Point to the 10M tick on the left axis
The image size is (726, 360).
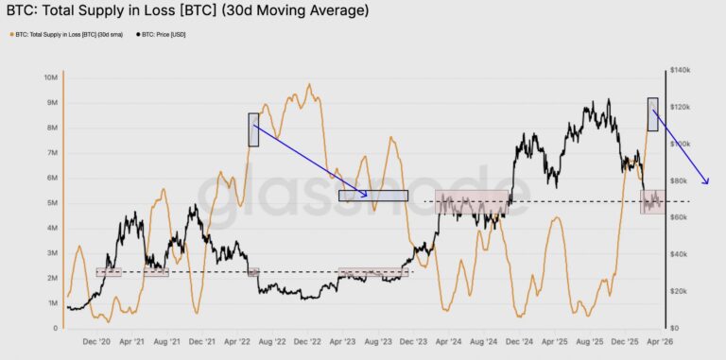pos(52,77)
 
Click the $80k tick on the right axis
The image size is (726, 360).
pos(682,180)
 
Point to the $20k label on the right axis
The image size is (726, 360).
pos(682,291)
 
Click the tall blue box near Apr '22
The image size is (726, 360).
pos(253,129)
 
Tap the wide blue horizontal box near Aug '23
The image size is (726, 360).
pos(373,196)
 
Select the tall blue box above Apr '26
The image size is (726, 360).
pos(653,114)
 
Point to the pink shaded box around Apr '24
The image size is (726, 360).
pos(458,201)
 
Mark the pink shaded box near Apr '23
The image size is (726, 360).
pos(373,272)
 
